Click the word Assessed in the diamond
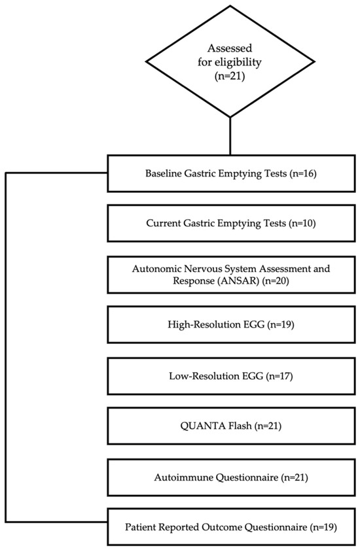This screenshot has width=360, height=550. [230, 48]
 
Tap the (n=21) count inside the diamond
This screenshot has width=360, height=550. [230, 76]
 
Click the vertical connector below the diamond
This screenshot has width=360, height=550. [230, 136]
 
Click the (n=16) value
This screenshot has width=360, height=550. [303, 173]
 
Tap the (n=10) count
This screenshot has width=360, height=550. [302, 224]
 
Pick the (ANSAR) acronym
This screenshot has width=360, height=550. [238, 281]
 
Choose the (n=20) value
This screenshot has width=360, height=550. [276, 281]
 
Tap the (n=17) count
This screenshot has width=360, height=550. [279, 377]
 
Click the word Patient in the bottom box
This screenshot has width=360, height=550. [140, 527]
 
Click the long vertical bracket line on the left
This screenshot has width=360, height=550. [6, 347]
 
